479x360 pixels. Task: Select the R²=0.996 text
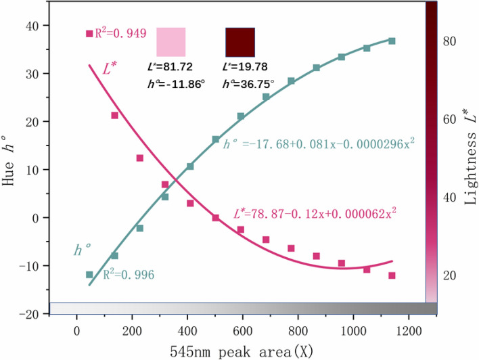point(129,275)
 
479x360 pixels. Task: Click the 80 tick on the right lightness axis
point(449,41)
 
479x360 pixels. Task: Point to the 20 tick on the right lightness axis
point(449,275)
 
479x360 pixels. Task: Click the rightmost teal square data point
point(392,41)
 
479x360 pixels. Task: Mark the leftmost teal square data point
point(89,275)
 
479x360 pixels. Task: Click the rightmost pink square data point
point(392,275)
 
